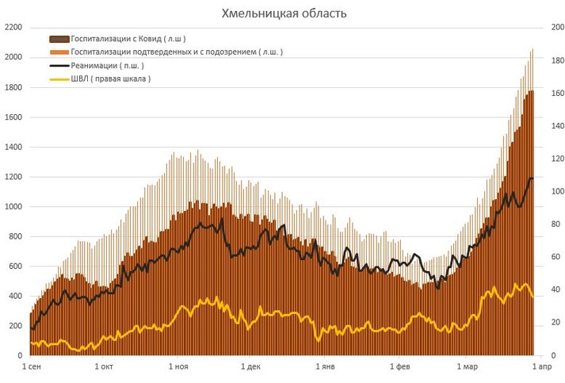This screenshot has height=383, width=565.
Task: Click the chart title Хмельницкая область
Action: tap(283, 13)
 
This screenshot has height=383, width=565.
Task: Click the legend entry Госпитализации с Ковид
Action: tap(128, 38)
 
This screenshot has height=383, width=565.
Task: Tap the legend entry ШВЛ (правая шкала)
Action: tap(110, 79)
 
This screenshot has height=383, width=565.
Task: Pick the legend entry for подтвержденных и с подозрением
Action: tap(177, 52)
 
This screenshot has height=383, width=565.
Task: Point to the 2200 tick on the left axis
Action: tap(13, 27)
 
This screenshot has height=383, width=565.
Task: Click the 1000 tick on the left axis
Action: tap(13, 207)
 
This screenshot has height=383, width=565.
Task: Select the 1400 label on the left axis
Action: tap(13, 147)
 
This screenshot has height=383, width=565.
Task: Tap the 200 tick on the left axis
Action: tap(15, 326)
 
